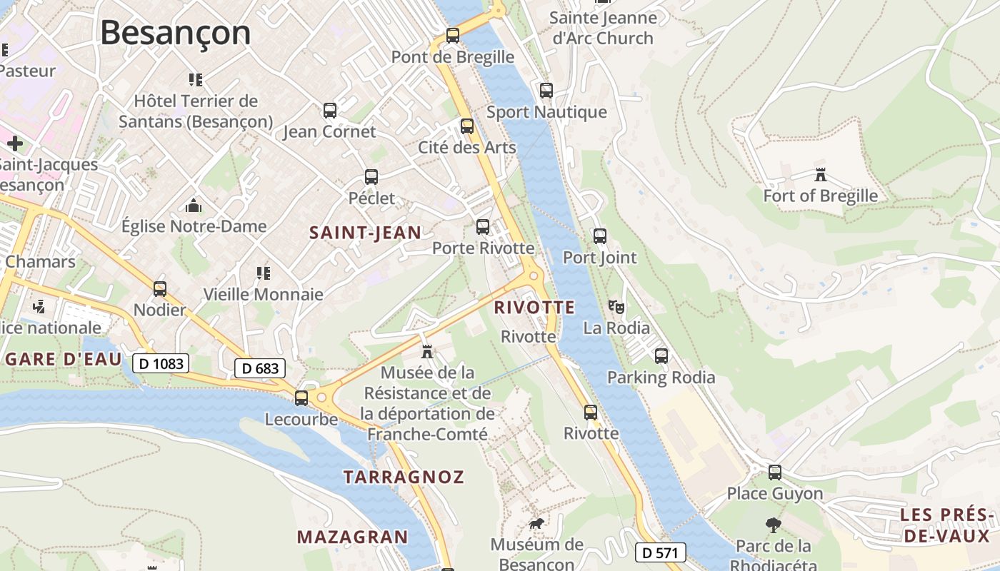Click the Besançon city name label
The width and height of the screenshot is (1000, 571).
tap(175, 33)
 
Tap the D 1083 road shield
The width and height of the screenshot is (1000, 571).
tap(161, 363)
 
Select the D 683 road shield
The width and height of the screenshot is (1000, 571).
tap(260, 368)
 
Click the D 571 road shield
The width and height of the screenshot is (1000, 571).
tap(660, 552)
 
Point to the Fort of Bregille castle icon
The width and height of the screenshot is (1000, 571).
tap(820, 174)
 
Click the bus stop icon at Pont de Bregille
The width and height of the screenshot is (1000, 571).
tap(452, 35)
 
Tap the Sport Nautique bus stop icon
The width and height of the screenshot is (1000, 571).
tap(546, 91)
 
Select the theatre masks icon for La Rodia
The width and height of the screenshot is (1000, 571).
tap(616, 308)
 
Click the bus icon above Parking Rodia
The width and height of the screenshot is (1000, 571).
tap(661, 355)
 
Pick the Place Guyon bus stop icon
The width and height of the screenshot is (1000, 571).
tap(775, 472)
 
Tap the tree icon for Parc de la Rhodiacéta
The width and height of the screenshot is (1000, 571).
tap(773, 525)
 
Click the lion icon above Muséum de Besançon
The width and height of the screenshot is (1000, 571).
tap(536, 524)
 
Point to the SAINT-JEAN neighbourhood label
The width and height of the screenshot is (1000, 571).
tap(365, 232)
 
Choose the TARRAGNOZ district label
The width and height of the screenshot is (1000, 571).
tap(404, 477)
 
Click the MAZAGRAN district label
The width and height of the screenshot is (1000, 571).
tap(352, 537)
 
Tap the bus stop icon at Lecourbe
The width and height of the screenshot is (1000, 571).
tap(301, 398)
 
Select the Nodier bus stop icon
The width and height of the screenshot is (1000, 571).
tap(160, 289)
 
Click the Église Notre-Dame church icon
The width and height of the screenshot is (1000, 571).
tap(193, 206)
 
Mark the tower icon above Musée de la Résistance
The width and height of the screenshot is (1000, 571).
tap(427, 351)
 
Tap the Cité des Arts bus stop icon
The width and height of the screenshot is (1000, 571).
tap(467, 126)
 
